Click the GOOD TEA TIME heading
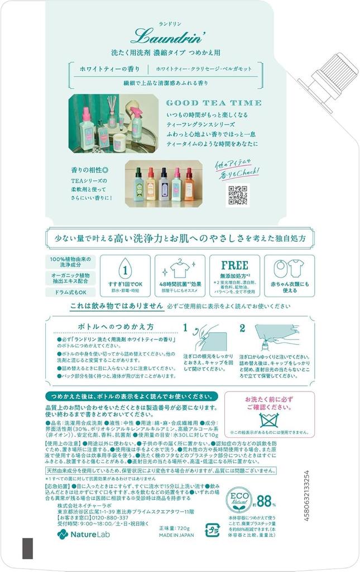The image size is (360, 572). pos(214,103)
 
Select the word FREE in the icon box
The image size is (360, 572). pos(234,265)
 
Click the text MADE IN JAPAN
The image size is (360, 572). pos(177,534)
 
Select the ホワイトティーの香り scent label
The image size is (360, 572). pos(105,69)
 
